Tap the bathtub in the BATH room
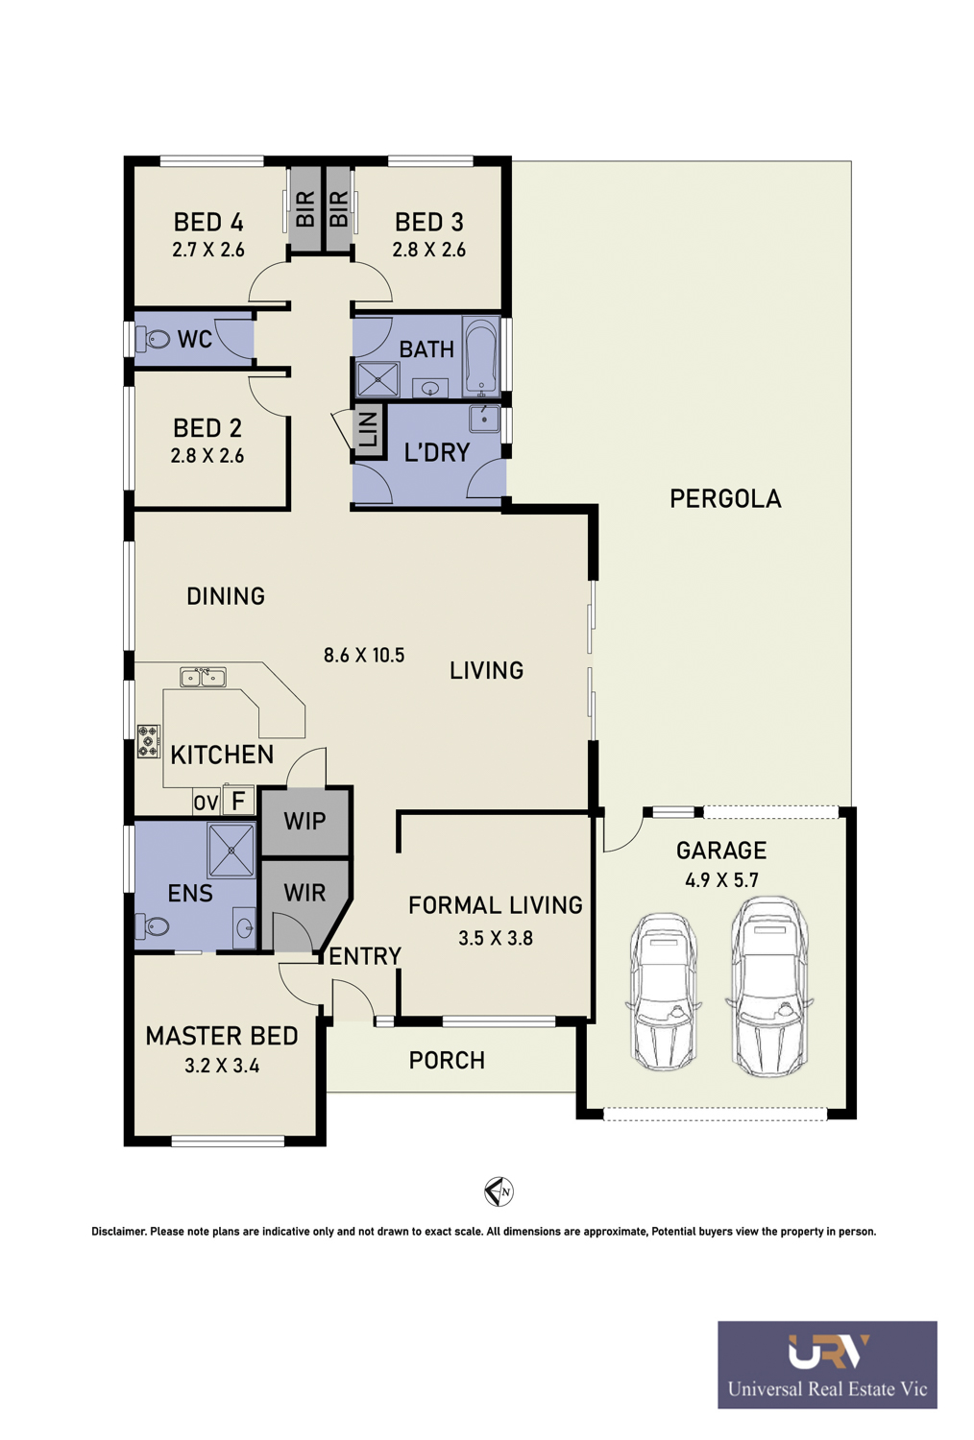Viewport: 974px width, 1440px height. [x=480, y=356]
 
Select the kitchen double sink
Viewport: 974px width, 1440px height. [x=203, y=678]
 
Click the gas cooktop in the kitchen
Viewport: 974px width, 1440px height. [x=149, y=741]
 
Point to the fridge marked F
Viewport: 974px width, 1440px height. [x=238, y=801]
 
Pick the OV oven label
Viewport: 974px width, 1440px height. [x=206, y=803]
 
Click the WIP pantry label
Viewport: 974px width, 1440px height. [x=304, y=821]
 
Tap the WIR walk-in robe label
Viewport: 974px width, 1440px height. [x=304, y=892]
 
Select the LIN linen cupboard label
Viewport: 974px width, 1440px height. [x=367, y=429]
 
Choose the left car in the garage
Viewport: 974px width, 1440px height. [x=664, y=990]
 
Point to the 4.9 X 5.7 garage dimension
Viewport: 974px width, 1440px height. [x=721, y=879]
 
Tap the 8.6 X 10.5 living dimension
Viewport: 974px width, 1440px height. [x=364, y=655]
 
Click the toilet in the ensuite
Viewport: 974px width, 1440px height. [x=152, y=926]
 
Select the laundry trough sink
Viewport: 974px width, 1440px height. [x=484, y=419]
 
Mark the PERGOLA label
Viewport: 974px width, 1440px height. [x=725, y=499]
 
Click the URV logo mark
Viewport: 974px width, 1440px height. [x=828, y=1351]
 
